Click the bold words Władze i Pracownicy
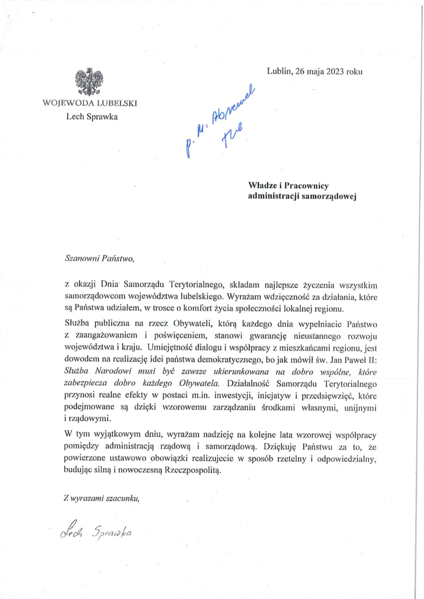(x=288, y=186)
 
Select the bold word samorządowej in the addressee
(x=329, y=197)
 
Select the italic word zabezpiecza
(x=85, y=382)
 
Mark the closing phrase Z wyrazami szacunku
(x=101, y=497)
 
